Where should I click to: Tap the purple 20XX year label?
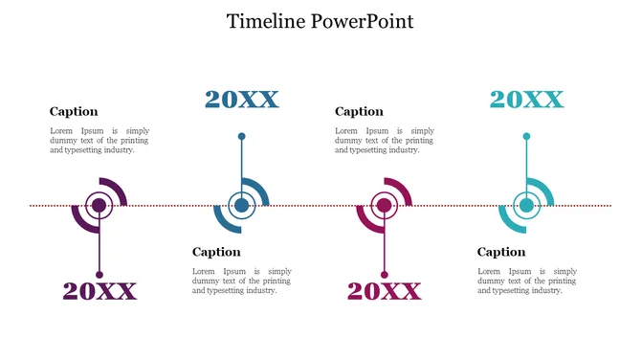99,291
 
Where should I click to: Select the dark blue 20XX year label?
241,100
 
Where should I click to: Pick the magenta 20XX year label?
384,291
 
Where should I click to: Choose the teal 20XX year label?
526,100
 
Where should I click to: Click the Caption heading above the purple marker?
74,111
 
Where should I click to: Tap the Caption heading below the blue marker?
216,252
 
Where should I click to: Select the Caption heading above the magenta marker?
359,111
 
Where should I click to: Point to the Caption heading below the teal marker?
501,252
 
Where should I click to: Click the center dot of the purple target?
99,205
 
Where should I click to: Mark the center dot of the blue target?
241,205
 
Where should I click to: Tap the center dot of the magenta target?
384,205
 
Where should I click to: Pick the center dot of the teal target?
526,205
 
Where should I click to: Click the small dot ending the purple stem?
99,275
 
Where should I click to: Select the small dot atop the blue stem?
241,136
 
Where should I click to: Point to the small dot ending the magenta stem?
384,275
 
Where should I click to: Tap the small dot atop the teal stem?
526,136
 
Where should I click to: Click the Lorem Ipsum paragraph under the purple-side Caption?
99,140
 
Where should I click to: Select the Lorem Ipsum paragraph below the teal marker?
526,281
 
